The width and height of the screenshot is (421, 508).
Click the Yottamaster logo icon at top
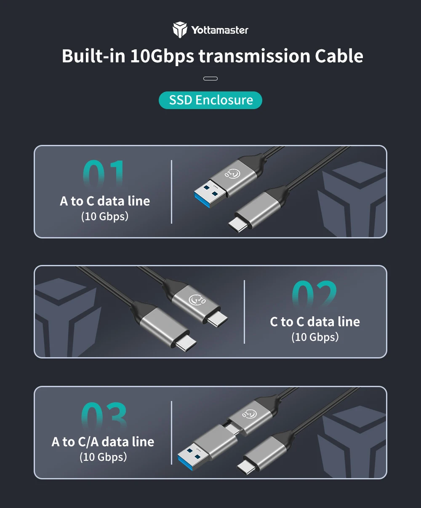180,30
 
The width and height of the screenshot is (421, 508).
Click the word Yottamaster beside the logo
220,30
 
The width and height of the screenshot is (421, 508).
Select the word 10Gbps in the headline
162,56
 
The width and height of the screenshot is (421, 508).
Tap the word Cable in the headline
339,56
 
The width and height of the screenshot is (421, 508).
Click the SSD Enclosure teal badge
210,100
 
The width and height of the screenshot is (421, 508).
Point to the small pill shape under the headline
210,79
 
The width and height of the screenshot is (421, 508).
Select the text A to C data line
105,201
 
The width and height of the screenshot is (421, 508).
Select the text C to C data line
315,322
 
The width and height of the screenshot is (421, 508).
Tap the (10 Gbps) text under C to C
315,337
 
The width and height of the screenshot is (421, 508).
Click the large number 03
104,415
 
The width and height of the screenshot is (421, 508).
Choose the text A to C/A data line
103,442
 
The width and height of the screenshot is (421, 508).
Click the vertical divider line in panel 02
244,312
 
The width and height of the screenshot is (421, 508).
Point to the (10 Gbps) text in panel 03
103,457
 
